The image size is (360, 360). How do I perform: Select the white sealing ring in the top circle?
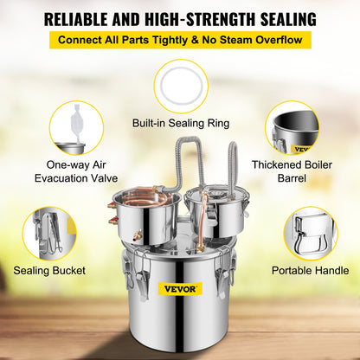pos(180,85)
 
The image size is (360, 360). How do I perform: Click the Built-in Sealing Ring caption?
pos(180,123)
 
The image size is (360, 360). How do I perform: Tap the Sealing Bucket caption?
pos(49,271)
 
